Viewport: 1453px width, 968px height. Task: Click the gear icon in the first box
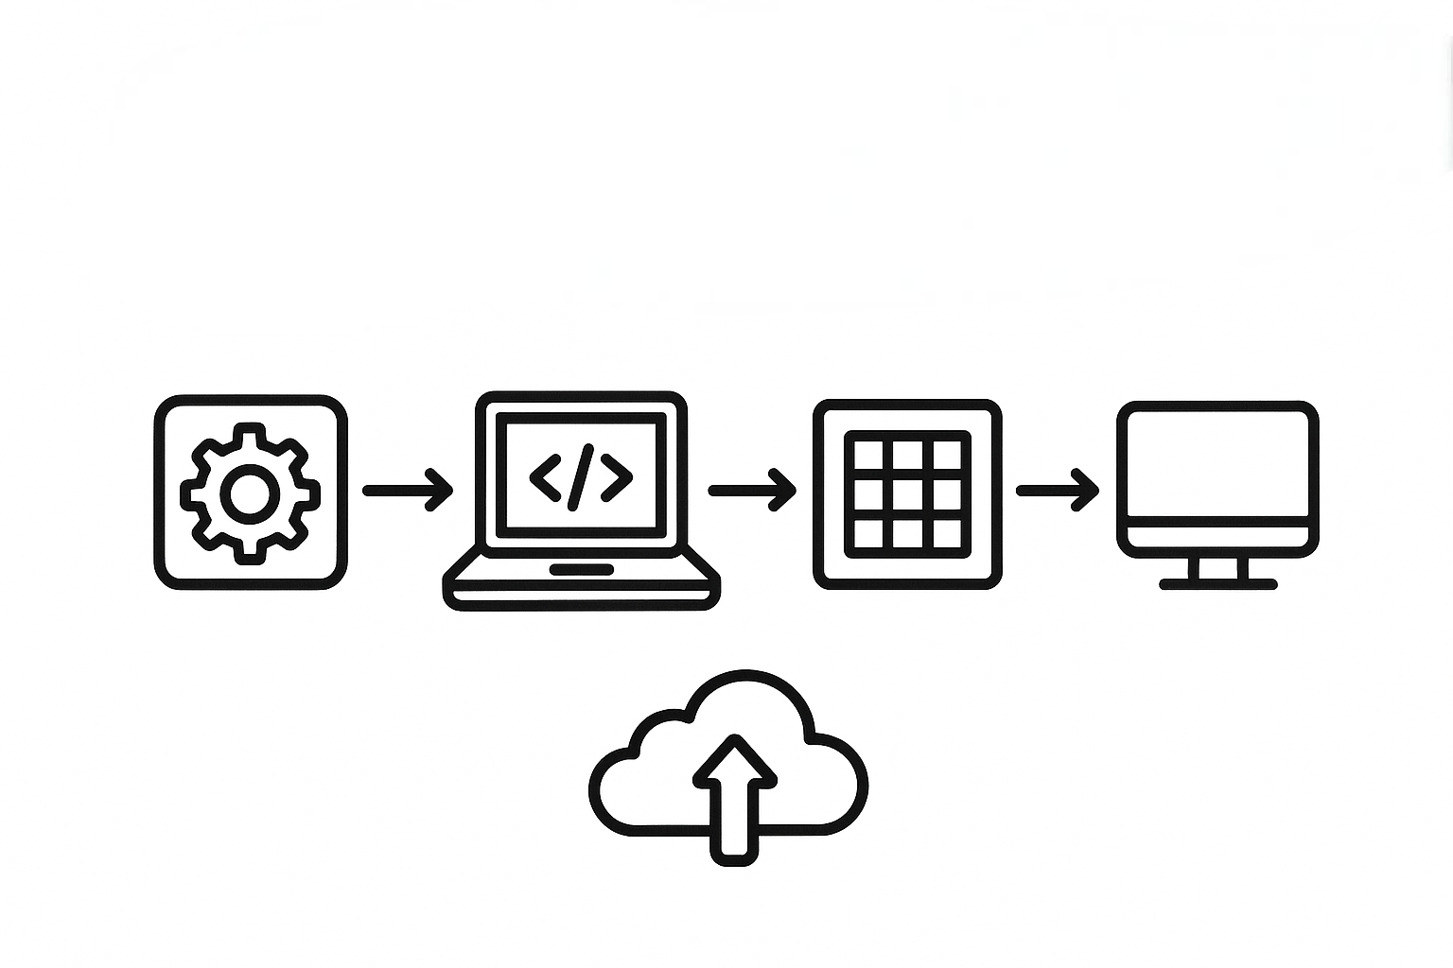(x=250, y=493)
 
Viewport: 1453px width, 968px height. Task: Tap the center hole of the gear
(x=250, y=493)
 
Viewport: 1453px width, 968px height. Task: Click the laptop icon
(x=581, y=501)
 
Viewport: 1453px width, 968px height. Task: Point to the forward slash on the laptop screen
(x=581, y=476)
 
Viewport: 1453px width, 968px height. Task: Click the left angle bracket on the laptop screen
(x=545, y=476)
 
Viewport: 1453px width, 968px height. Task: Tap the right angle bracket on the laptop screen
(x=617, y=476)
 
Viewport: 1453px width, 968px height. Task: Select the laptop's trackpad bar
(x=581, y=569)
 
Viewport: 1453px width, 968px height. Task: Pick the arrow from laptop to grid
(x=753, y=490)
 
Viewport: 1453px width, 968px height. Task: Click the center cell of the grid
(x=908, y=494)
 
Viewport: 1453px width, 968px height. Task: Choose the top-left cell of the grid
(x=868, y=456)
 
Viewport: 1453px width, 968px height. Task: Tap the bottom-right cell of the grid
(x=947, y=533)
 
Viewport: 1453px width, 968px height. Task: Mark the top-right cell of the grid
(x=947, y=456)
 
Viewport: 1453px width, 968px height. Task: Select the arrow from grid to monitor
(x=1058, y=490)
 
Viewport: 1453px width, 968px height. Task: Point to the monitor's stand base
(x=1218, y=584)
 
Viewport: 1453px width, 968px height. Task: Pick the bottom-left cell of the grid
(x=868, y=533)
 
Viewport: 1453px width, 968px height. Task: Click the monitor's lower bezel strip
(x=1217, y=535)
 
